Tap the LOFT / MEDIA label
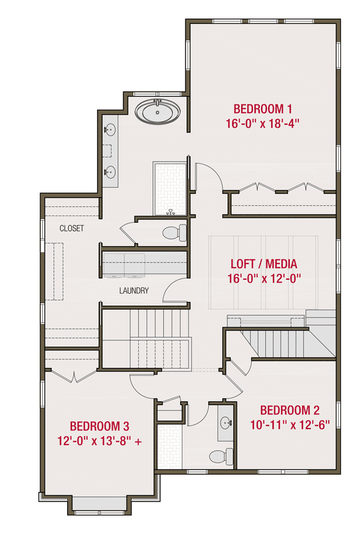(264, 263)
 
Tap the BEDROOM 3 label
(100, 426)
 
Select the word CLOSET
(71, 229)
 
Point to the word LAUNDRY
(133, 291)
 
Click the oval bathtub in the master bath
(157, 112)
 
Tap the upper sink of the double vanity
(111, 129)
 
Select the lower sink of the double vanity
(111, 172)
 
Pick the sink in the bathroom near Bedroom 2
(226, 423)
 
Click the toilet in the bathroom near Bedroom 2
(221, 456)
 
